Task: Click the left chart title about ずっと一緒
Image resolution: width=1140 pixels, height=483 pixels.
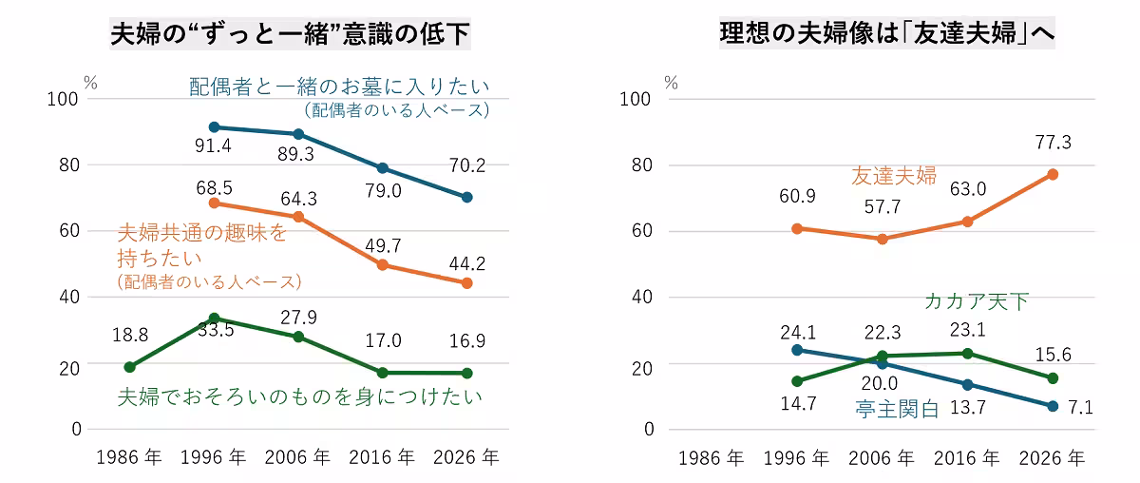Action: coord(290,33)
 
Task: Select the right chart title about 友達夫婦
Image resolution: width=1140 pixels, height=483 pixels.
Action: coord(887,33)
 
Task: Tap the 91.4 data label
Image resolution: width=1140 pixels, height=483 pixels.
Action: coord(213,145)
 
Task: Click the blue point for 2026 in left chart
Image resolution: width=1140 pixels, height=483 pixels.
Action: coord(467,197)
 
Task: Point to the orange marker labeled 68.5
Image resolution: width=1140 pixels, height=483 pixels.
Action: coord(215,203)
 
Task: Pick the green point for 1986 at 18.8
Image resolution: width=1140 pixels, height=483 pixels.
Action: coord(130,367)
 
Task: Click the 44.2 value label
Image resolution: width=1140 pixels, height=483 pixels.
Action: coord(467,263)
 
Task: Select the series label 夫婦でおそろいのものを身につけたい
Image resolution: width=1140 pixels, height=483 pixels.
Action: coord(300,396)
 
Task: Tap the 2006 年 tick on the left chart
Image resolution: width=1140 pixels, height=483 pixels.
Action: coord(297,457)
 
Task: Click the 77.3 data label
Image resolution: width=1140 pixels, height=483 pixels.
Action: coord(1053,143)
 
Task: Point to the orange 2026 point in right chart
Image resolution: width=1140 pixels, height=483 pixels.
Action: coord(1053,175)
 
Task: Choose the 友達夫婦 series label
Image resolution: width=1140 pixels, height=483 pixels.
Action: coord(894,176)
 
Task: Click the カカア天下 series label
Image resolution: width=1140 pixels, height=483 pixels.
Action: coord(977,301)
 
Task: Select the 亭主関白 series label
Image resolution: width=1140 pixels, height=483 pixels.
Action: coord(897,409)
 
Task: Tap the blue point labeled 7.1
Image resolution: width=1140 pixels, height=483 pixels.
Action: coord(1053,406)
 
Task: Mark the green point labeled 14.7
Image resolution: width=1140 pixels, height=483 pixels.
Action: coord(797,381)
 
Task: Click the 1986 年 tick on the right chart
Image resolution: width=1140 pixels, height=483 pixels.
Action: coord(712,458)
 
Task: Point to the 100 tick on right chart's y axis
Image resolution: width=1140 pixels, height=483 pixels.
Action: coord(635,99)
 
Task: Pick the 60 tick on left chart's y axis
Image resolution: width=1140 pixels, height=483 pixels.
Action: coord(69,231)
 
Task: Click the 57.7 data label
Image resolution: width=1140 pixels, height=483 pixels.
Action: coord(883,207)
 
